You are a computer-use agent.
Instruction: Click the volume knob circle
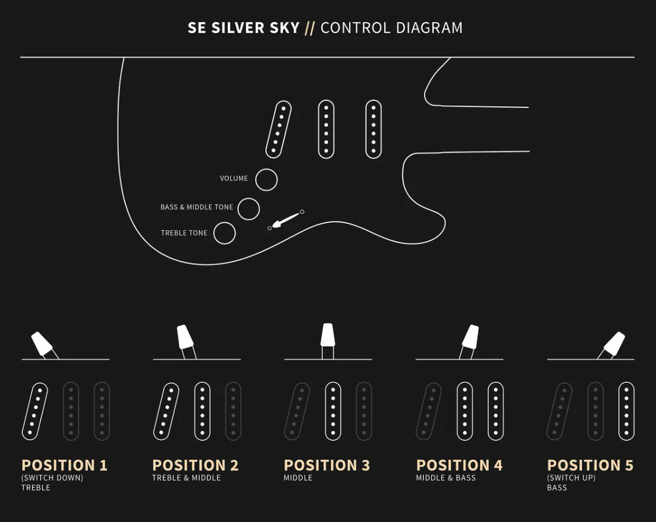266,179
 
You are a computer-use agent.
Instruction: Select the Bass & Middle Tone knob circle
249,209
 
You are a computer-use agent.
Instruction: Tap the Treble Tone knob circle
224,233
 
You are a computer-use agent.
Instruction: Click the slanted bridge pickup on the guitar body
278,129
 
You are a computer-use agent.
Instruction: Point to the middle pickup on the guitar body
327,129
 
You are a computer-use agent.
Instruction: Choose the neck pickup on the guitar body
373,129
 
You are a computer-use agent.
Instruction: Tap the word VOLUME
234,178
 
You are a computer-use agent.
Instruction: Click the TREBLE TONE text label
184,233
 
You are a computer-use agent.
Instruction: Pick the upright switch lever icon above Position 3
328,341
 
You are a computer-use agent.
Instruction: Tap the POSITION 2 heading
196,465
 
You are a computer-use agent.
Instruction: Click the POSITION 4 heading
459,465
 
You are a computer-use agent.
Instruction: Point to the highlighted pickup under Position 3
333,412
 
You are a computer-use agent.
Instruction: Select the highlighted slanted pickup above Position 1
35,412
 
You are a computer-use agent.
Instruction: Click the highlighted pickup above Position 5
626,412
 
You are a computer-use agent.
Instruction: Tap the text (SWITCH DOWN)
52,477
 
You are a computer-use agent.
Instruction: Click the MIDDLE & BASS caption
446,477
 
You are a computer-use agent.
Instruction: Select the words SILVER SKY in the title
256,28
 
